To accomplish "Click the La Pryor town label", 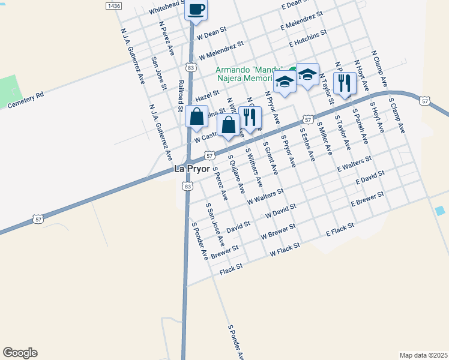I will pos(191,169).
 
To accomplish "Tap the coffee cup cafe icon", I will pos(196,10).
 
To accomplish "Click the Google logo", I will pos(20,353).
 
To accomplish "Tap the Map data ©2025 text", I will pos(423,355).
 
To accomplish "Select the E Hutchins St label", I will pos(307,38).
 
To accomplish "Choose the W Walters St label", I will pos(265,197).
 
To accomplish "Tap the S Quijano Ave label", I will pos(236,175).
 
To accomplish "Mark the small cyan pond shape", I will pos(441,211).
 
